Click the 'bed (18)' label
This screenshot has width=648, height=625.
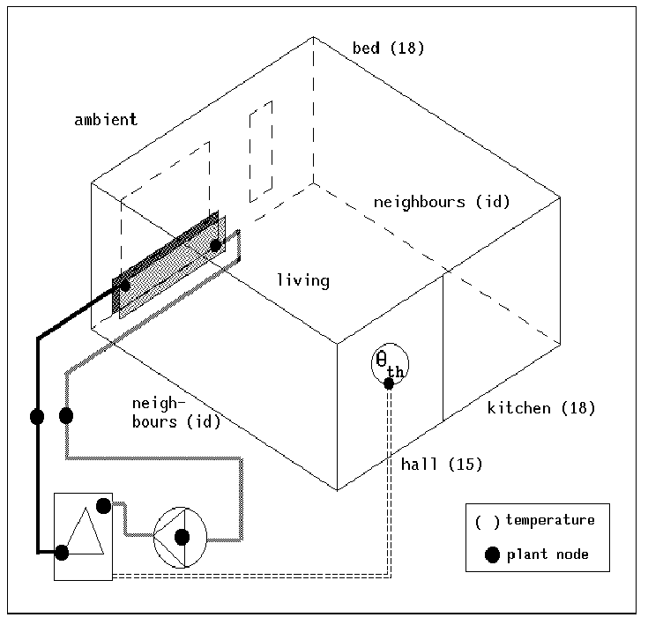388,48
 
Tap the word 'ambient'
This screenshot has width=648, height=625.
106,120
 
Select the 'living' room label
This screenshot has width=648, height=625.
302,281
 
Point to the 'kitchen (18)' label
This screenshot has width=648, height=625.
541,408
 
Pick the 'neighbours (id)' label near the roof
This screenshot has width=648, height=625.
442,202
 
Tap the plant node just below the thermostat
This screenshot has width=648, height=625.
389,383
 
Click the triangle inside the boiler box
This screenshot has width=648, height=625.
86,532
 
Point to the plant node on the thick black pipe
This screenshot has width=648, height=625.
37,416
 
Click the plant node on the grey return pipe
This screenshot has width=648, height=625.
65,415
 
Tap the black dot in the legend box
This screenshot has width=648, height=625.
492,554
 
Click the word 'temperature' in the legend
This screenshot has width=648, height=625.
549,520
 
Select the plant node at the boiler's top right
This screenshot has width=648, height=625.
103,506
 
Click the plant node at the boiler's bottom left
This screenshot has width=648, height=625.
62,553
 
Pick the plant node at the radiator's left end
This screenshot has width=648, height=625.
125,285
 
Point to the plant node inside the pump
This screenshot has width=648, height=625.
182,536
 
